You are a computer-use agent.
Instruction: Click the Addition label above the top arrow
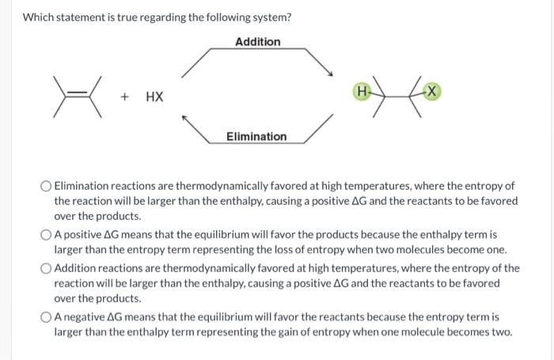tap(257, 41)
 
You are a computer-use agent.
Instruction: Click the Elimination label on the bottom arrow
tap(256, 136)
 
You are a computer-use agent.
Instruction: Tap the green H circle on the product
tap(363, 92)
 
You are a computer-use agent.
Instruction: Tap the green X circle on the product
tap(432, 92)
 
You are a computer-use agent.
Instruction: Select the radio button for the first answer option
tap(46, 187)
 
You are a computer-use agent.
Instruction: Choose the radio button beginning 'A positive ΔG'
tap(46, 235)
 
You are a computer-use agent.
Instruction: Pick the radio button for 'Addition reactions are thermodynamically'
tap(46, 268)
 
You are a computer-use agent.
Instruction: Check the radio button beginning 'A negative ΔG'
tap(46, 317)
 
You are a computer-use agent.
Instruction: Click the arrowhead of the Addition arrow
tap(328, 74)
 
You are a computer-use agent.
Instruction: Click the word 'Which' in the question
tap(38, 17)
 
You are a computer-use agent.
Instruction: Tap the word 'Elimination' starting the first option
tap(84, 186)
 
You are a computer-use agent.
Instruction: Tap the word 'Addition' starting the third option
tap(77, 268)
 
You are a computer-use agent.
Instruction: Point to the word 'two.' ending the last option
tap(502, 332)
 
